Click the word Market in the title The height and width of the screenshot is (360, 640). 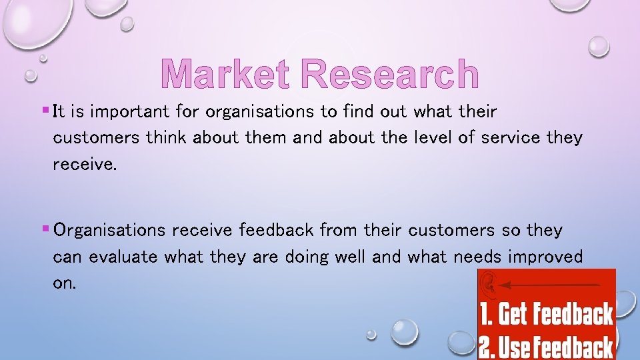223,75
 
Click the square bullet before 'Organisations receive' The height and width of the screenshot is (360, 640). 44,228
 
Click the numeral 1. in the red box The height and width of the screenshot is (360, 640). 486,314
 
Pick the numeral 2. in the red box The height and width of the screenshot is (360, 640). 487,347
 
